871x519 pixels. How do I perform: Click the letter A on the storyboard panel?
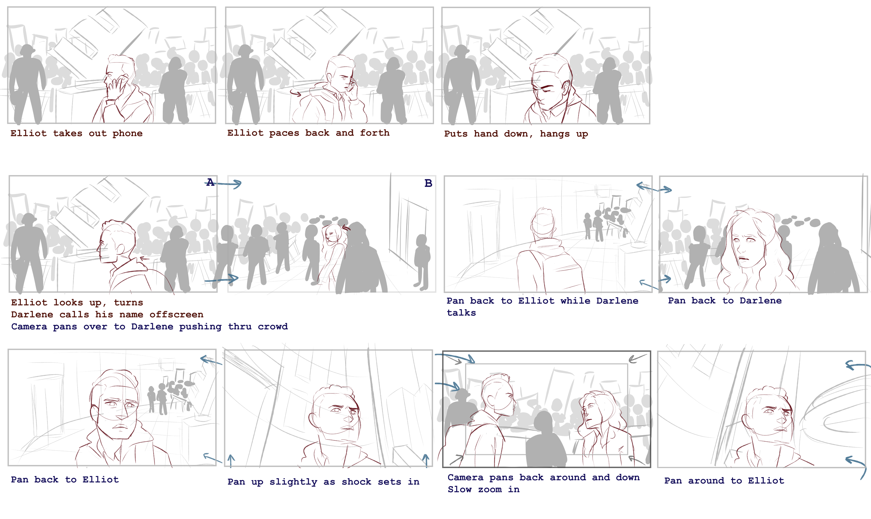210,182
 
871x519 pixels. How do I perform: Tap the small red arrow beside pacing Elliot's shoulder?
296,93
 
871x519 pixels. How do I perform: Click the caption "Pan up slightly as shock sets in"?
323,482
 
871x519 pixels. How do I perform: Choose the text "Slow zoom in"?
484,490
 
